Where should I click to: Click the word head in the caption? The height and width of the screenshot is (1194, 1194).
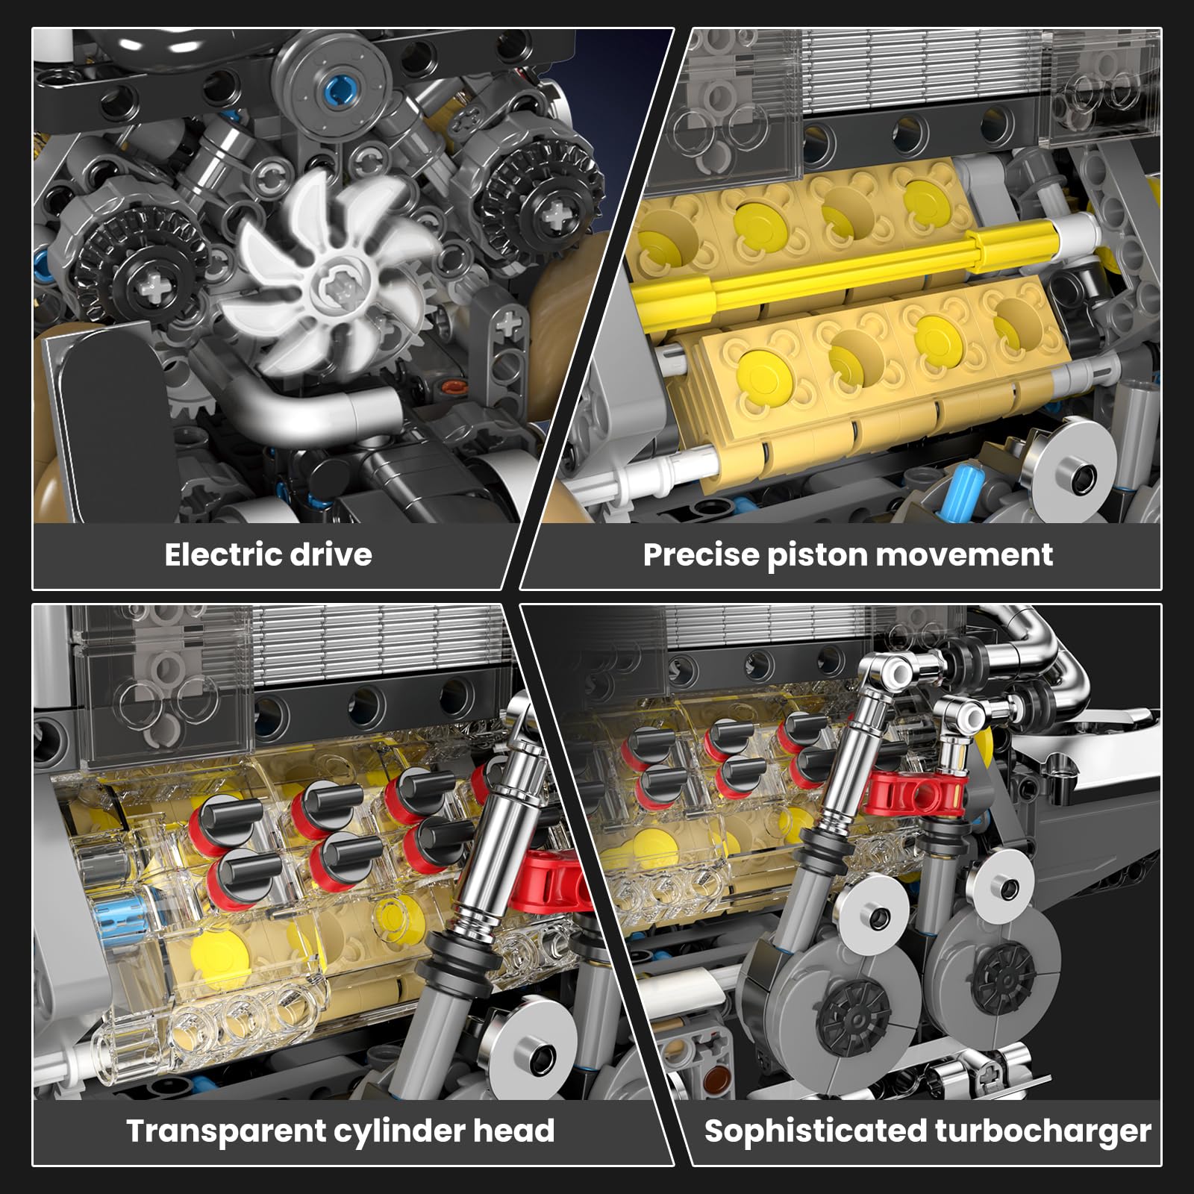(x=515, y=1131)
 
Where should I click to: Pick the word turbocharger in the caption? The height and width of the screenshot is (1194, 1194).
(x=1043, y=1131)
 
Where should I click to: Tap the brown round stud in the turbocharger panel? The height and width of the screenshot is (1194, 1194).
(x=719, y=1079)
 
